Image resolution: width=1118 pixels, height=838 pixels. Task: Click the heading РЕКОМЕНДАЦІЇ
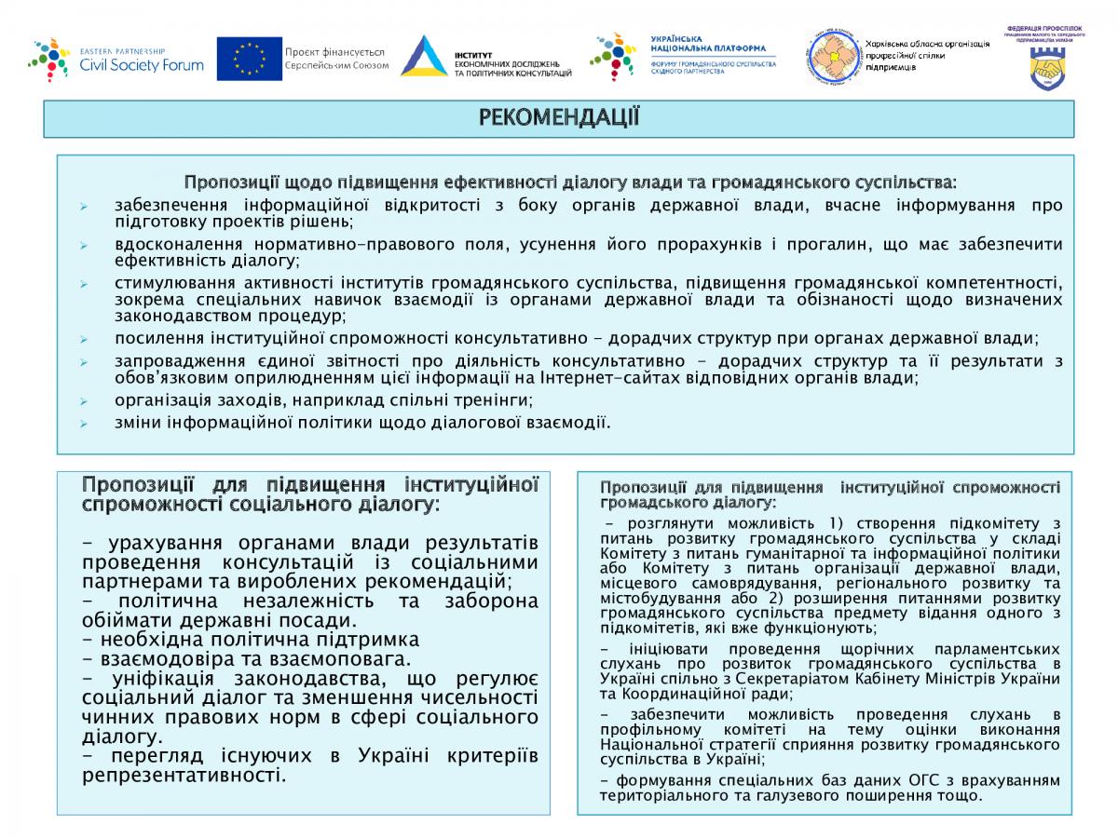click(x=558, y=117)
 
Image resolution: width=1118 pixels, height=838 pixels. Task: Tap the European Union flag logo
click(x=250, y=59)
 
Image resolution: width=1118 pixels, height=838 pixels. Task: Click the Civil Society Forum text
click(x=142, y=65)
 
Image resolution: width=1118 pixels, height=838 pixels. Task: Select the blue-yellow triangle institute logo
click(x=424, y=57)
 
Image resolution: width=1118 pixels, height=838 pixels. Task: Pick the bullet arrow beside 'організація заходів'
click(x=84, y=401)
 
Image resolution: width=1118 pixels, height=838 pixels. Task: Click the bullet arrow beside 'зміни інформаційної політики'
click(x=84, y=424)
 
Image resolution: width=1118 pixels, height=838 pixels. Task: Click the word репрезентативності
click(x=184, y=775)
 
